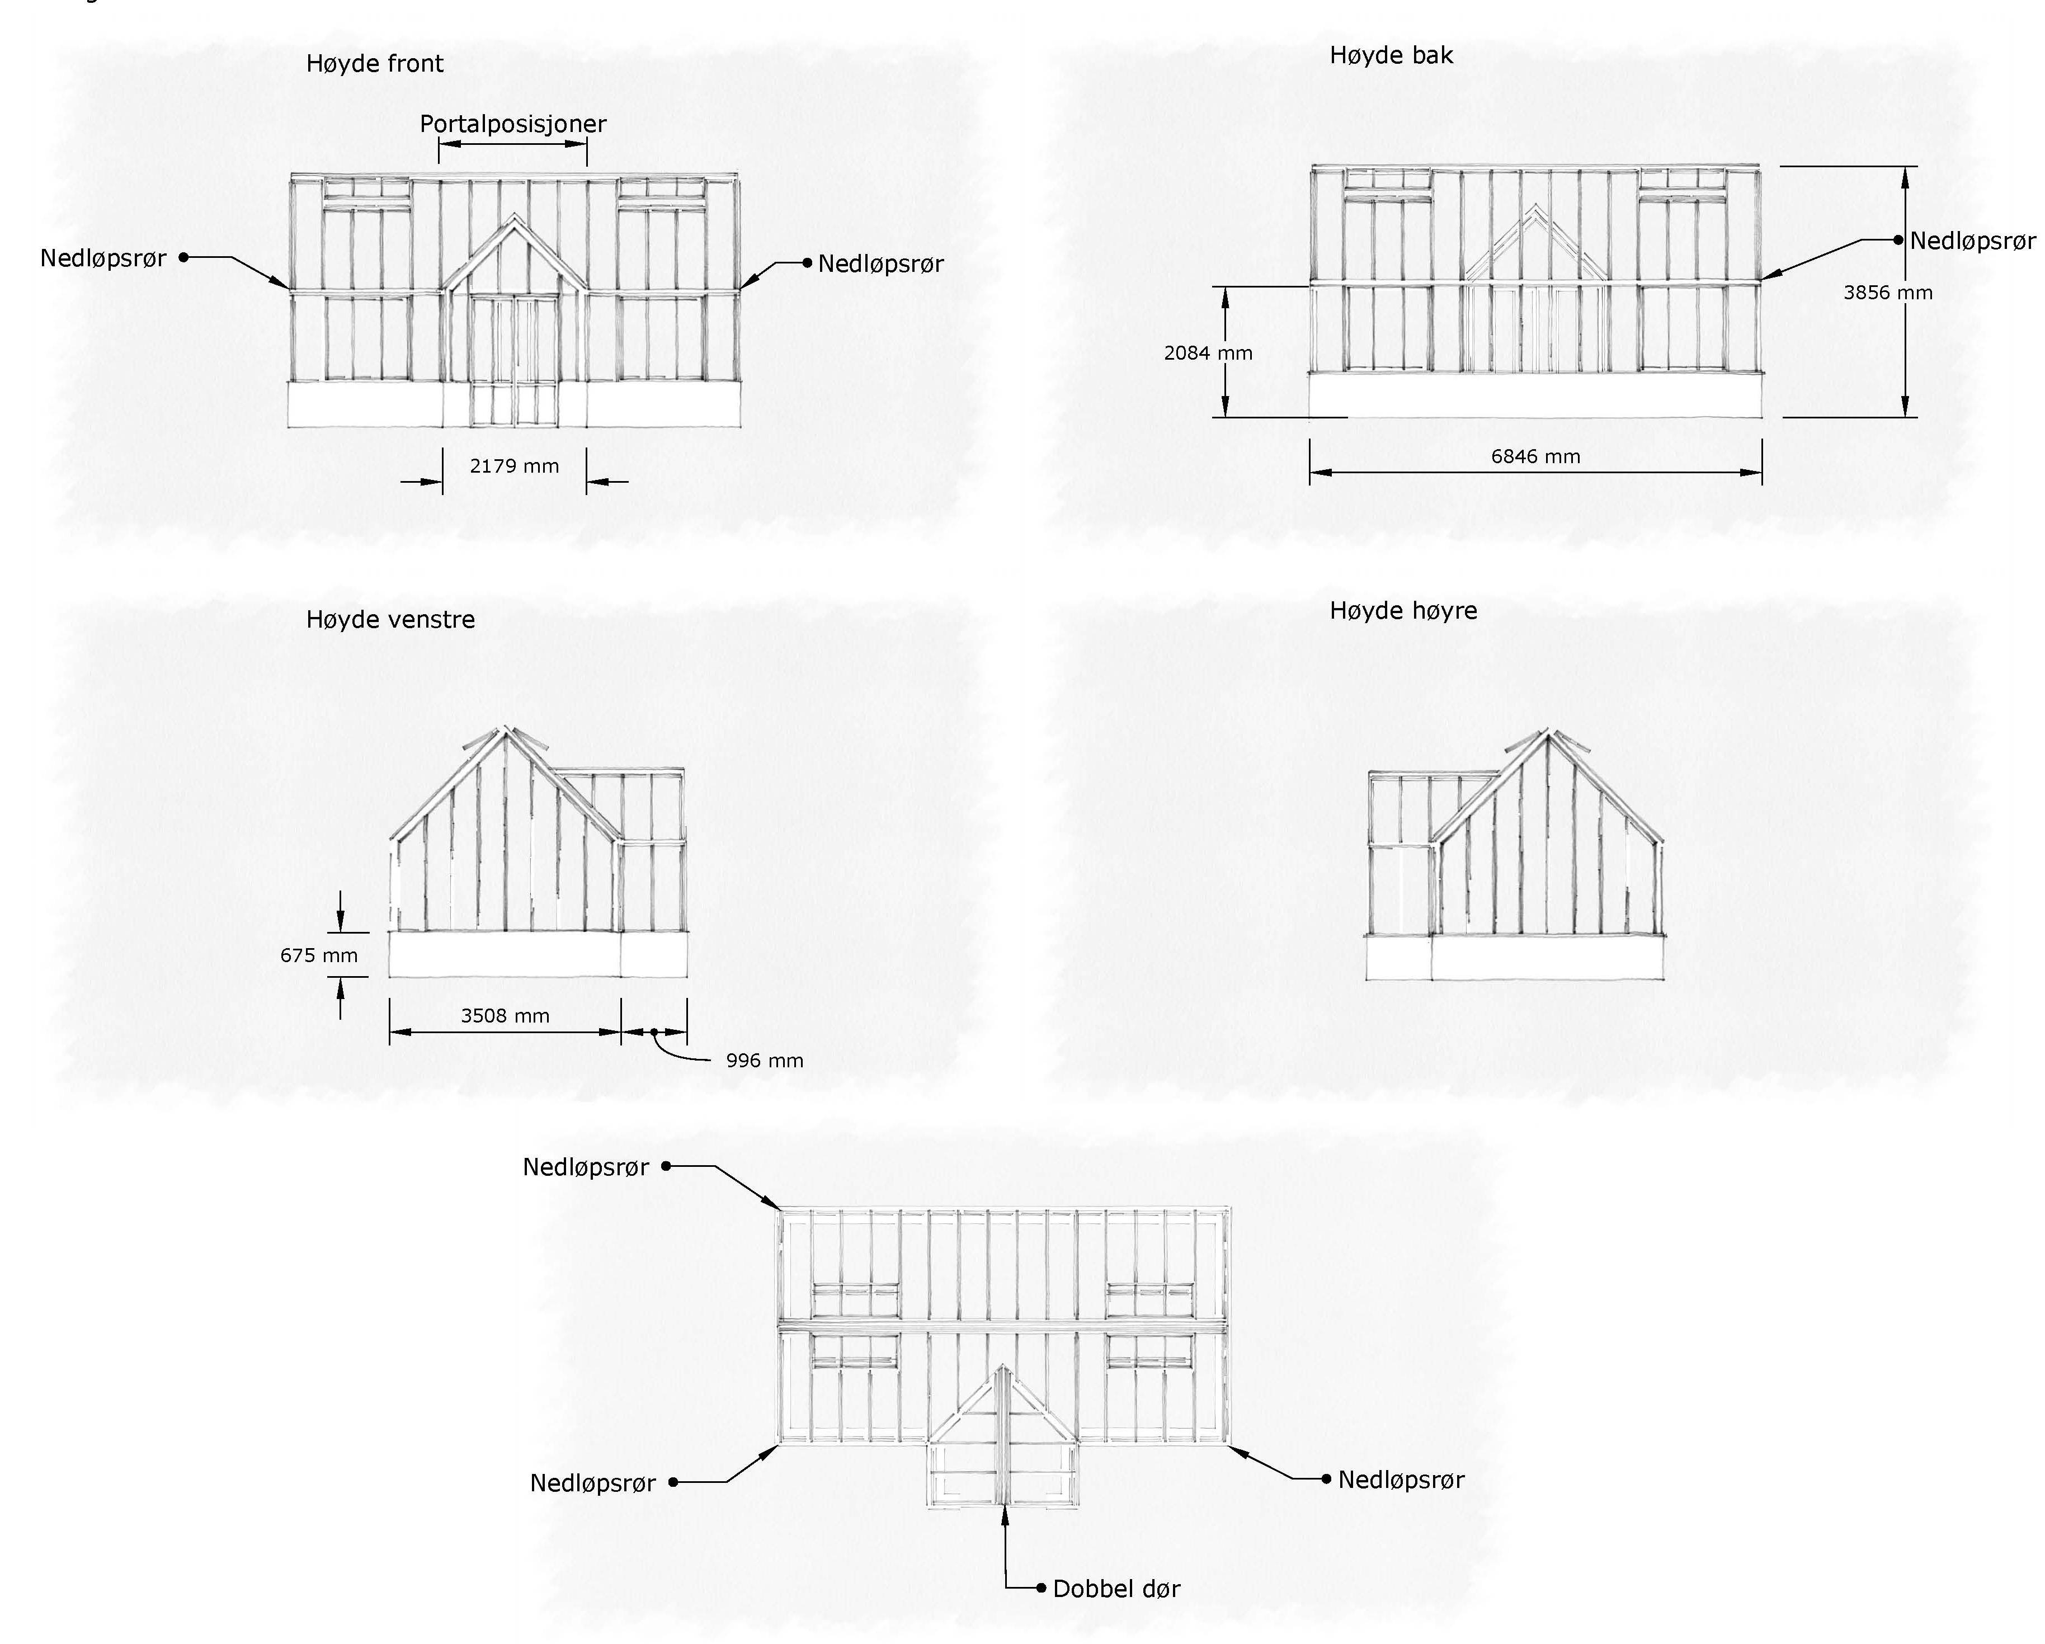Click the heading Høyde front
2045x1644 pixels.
pos(375,64)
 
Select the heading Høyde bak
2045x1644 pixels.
pos(1391,55)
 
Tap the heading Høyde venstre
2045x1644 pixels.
pos(390,619)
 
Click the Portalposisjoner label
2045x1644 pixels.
pos(513,123)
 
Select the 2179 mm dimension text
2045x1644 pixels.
pos(514,466)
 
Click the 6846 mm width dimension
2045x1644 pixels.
pos(1535,456)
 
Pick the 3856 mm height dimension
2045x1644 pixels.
pos(1888,292)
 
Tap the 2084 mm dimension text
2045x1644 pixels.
pos(1208,353)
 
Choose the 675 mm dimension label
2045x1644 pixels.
pos(319,955)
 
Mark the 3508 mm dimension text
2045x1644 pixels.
pos(505,1016)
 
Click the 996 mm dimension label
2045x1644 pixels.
pos(765,1061)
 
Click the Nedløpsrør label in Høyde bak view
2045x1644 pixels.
pos(1972,241)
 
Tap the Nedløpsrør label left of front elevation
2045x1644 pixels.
pos(102,258)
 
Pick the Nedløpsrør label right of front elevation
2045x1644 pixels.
pos(880,263)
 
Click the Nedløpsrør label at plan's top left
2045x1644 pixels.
pos(585,1167)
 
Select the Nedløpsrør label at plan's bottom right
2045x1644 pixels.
pos(1401,1480)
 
